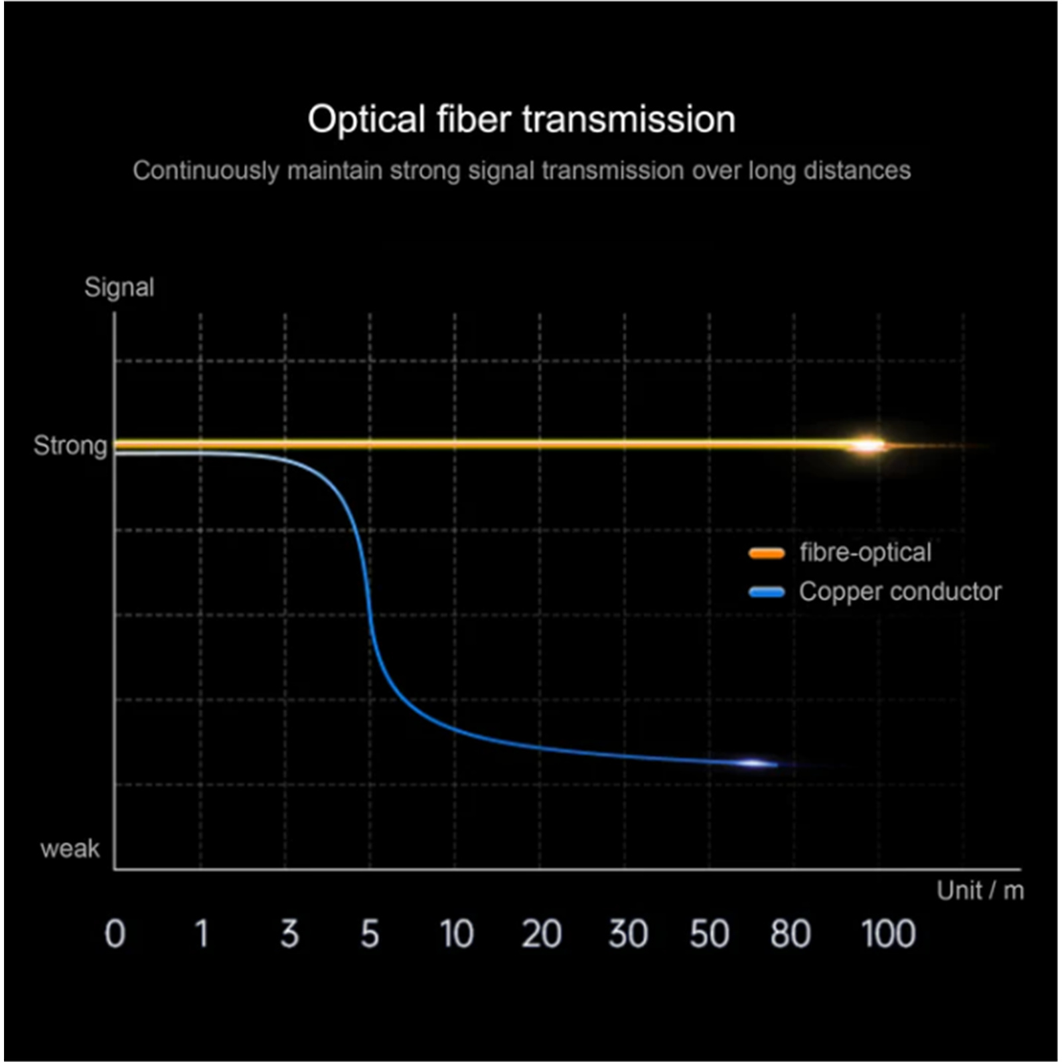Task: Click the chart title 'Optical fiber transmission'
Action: click(x=521, y=119)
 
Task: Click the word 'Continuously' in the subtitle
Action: click(x=206, y=171)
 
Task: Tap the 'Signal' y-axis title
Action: click(x=119, y=287)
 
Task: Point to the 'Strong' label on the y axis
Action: click(x=70, y=445)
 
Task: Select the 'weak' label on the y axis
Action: click(x=70, y=848)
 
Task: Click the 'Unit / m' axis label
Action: click(x=980, y=891)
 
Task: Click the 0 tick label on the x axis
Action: click(x=115, y=934)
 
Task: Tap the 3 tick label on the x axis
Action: click(x=289, y=934)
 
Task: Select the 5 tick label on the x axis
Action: click(x=370, y=934)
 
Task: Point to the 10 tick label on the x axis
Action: click(x=457, y=934)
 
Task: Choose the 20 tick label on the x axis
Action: click(x=541, y=934)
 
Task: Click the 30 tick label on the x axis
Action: click(x=628, y=934)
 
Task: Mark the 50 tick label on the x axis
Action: click(x=709, y=934)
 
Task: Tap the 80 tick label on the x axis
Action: click(x=790, y=934)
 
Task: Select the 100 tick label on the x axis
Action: click(x=888, y=934)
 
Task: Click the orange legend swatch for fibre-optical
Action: click(x=767, y=553)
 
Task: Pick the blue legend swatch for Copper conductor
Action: click(x=767, y=591)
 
